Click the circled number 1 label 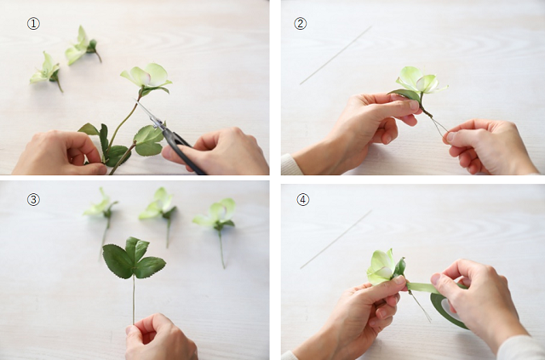tap(33, 24)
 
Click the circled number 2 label tap(301, 24)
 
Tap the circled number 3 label tap(33, 200)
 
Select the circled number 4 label tap(303, 200)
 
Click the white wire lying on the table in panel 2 tap(336, 55)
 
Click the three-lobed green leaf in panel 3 tap(134, 258)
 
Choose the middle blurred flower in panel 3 tap(159, 205)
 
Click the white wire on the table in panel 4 tap(336, 239)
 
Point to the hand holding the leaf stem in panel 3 tap(159, 338)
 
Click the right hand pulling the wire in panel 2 tap(490, 146)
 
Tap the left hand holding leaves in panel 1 tap(59, 153)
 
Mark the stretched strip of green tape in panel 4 tap(422, 288)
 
